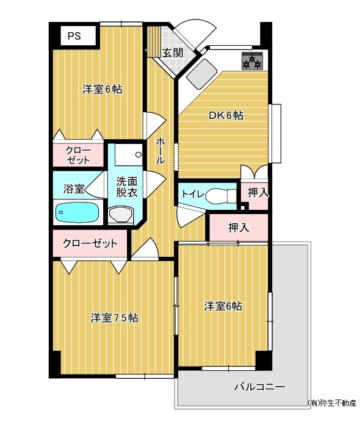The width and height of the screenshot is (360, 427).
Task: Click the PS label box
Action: (x=78, y=35)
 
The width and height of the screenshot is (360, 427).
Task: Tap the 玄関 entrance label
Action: (x=173, y=53)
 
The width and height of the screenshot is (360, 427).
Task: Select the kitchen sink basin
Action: (x=201, y=74)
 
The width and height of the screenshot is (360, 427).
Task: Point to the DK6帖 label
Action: (x=226, y=115)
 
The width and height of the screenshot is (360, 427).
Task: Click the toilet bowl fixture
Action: (x=220, y=196)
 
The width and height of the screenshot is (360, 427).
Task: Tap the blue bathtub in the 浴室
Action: (x=77, y=213)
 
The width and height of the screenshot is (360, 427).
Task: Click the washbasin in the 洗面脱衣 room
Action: (x=121, y=214)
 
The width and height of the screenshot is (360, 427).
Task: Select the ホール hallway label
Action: (x=160, y=151)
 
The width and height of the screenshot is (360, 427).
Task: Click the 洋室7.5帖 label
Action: (x=114, y=318)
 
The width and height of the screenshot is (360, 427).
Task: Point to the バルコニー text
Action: (x=260, y=387)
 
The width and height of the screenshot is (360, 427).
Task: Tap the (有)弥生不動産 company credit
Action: (x=332, y=403)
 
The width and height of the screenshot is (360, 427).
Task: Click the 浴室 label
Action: (x=74, y=188)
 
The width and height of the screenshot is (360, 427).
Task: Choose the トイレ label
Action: (x=193, y=194)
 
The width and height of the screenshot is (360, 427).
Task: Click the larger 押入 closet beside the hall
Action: (x=239, y=228)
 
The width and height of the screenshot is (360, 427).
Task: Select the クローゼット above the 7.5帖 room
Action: (x=90, y=243)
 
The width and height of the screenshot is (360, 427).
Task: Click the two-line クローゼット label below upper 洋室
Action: (x=78, y=155)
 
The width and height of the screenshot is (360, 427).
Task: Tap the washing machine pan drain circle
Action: (x=139, y=155)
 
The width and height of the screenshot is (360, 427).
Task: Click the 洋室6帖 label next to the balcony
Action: (x=223, y=306)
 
